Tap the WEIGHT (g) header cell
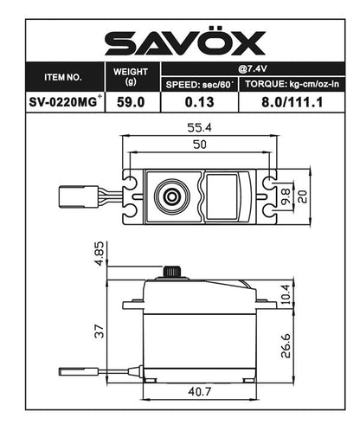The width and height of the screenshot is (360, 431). point(132,76)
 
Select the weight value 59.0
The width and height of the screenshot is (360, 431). point(132,101)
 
